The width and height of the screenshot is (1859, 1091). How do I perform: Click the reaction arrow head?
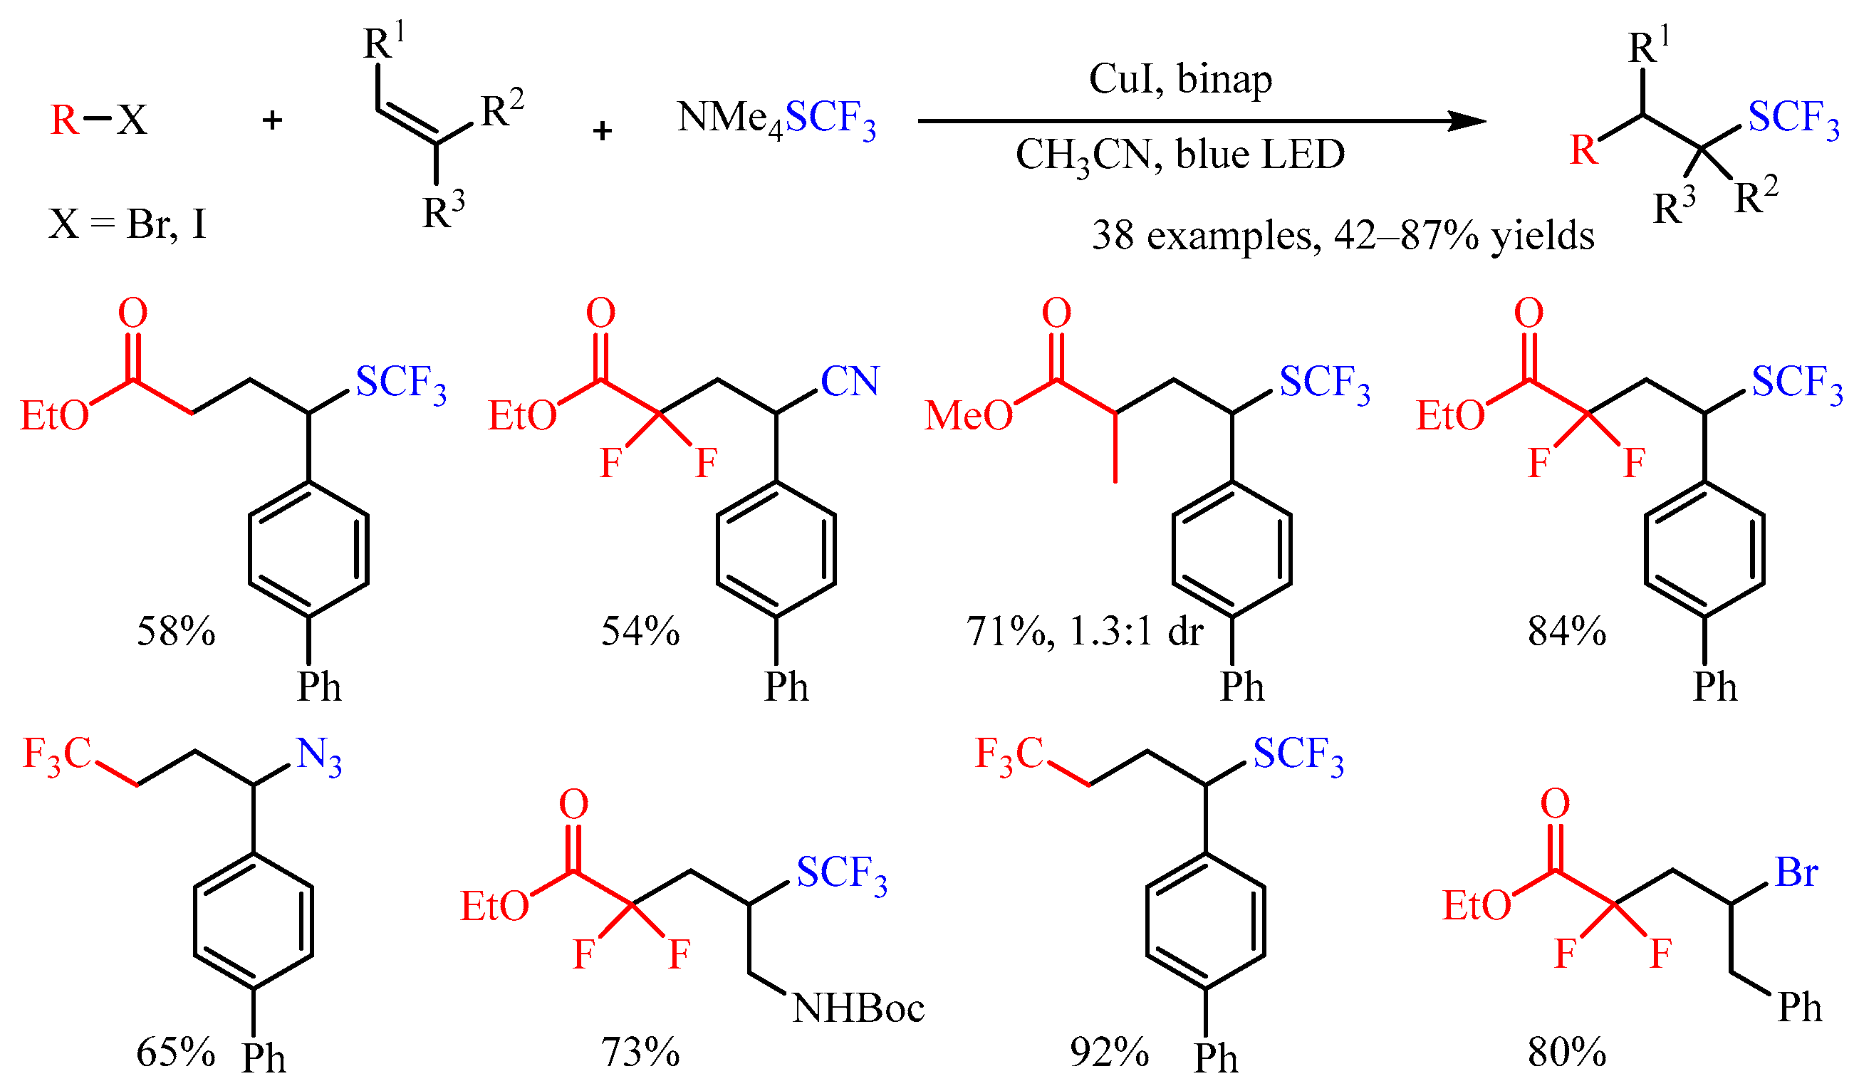tap(1468, 121)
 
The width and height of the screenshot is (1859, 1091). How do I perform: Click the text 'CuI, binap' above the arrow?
tap(1180, 80)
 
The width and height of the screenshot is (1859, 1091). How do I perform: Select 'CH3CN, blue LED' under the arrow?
tap(1180, 156)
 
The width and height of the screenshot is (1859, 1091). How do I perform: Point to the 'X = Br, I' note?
tap(127, 224)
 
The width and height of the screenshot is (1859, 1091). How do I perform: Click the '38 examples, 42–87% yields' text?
tap(1343, 236)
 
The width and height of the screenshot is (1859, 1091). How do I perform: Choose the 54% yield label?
tap(640, 632)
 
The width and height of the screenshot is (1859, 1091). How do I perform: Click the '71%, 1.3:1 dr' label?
tap(1084, 632)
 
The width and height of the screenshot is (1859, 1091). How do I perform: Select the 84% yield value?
tap(1567, 632)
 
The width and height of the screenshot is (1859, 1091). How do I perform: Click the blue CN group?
tap(850, 382)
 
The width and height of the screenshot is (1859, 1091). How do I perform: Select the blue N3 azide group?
tap(318, 757)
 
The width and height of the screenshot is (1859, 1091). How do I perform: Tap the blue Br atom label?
tap(1796, 872)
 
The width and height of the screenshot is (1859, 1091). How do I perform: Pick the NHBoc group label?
tap(858, 1009)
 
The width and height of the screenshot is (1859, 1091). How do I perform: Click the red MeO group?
tap(969, 416)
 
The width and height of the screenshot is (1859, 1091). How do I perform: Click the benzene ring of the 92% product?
tap(1206, 922)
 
